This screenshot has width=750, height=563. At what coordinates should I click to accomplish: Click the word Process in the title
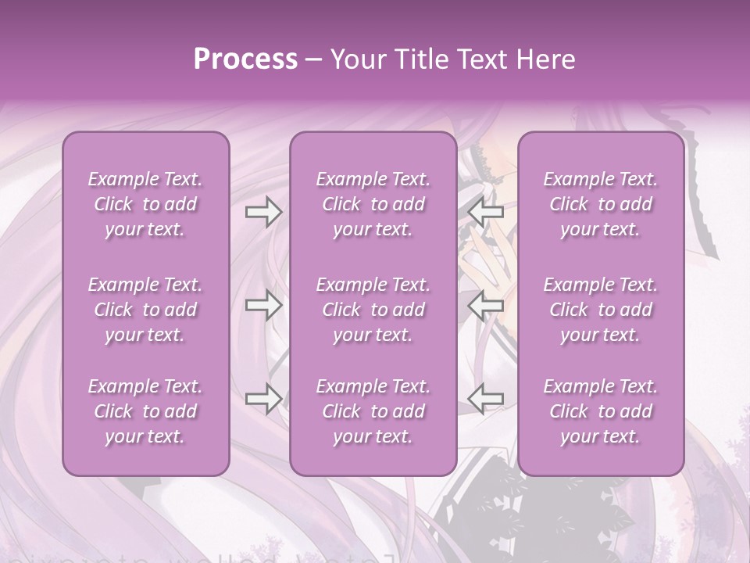point(245,59)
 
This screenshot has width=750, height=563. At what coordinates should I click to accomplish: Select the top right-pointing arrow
point(263,211)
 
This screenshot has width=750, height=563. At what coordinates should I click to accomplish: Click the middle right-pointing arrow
point(263,305)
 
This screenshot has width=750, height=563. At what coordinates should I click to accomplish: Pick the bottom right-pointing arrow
point(263,399)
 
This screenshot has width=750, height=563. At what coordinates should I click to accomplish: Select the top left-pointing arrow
point(485,211)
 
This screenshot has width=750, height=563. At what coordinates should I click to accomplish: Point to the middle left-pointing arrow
point(485,305)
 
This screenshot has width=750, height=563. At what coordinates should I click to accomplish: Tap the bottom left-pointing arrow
point(485,399)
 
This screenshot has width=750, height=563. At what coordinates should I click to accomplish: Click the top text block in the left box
point(145,204)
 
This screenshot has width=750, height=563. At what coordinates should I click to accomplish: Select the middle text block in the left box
point(145,310)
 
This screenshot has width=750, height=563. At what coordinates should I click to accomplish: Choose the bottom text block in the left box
point(145,411)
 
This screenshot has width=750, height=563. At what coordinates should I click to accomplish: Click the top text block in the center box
point(373,204)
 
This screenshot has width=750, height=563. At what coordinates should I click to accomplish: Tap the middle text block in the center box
point(373,310)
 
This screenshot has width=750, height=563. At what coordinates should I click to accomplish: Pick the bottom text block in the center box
point(373,411)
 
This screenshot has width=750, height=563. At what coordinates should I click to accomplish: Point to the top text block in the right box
point(601,204)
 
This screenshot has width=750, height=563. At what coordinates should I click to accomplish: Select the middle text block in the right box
point(601,310)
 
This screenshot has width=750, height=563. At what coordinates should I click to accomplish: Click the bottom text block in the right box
point(601,411)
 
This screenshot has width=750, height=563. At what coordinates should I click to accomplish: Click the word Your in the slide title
point(357,59)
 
